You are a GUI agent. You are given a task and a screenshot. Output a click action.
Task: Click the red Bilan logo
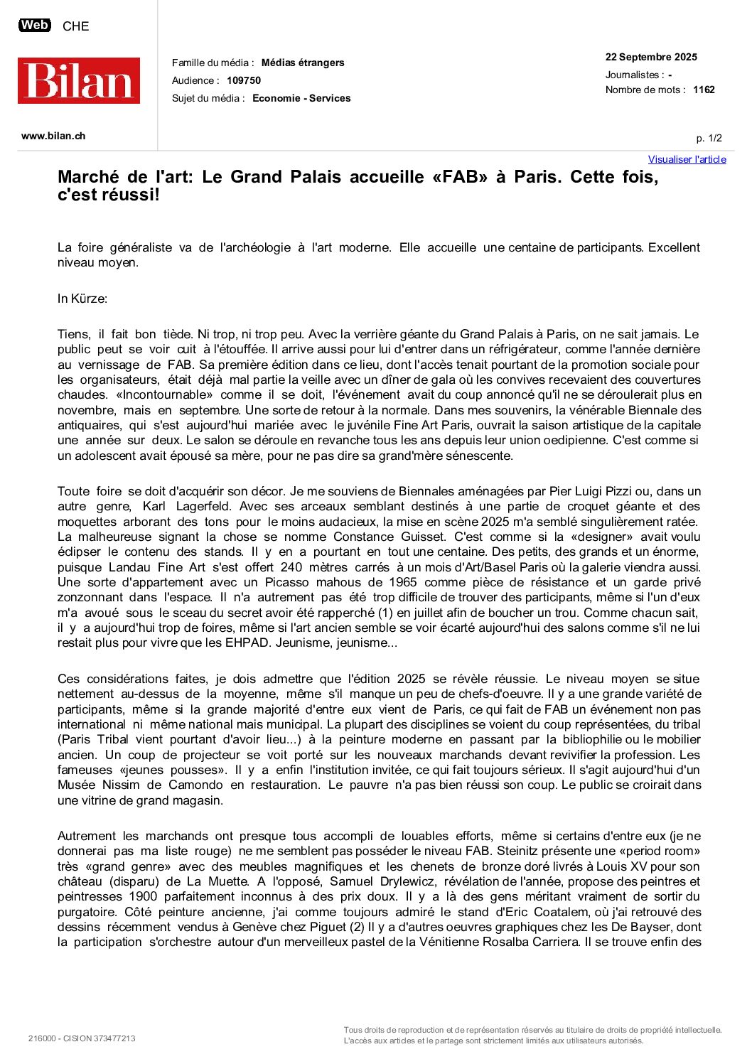pos(79,80)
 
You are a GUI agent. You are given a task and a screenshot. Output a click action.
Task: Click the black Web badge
pos(34,26)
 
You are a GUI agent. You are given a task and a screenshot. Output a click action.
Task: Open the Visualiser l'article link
pos(687,159)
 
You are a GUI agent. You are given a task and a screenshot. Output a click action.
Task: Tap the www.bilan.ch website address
pos(53,136)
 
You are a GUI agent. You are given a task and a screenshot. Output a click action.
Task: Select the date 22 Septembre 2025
pos(651,57)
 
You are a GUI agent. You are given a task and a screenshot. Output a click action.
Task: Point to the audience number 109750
pos(244,80)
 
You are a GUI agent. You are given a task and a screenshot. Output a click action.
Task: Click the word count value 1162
pos(704,90)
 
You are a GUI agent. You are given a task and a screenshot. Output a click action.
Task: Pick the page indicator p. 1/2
pos(709,138)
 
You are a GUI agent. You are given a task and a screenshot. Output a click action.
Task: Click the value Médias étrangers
pos(303,63)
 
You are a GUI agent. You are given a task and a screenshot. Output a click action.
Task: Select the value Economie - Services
pos(301,98)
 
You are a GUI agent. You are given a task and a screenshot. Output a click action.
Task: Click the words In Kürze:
pos(82,299)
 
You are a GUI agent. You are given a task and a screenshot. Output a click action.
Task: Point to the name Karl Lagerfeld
pos(185,506)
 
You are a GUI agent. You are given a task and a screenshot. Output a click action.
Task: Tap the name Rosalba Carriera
pos(530,942)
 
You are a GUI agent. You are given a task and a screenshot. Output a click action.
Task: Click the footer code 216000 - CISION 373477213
pos(82,1038)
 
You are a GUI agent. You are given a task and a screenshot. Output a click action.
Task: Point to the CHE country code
pos(76,26)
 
